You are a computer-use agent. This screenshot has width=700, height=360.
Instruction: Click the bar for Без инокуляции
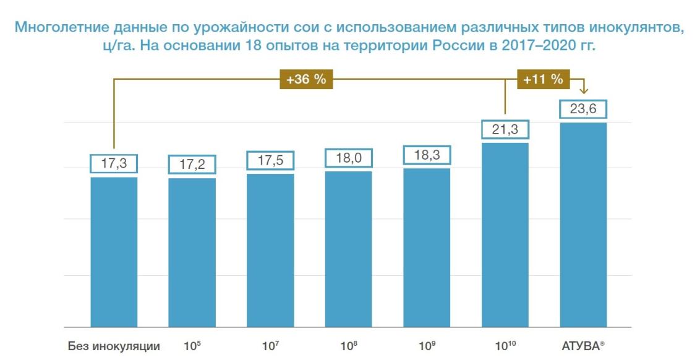click(x=114, y=252)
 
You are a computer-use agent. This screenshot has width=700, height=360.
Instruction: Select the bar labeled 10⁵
click(x=192, y=252)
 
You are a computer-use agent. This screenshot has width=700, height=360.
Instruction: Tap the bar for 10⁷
click(x=270, y=251)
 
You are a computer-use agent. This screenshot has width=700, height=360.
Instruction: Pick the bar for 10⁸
click(x=348, y=249)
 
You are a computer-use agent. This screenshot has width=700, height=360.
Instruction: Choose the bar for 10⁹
click(x=427, y=247)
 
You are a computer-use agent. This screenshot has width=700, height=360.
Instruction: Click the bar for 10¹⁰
click(x=505, y=235)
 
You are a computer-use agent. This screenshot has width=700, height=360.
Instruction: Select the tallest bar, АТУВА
click(x=583, y=225)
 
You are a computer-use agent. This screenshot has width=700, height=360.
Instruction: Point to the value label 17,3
click(x=114, y=163)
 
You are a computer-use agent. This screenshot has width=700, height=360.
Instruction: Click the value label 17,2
click(x=192, y=165)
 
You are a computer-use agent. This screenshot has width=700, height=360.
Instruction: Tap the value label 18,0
click(x=348, y=158)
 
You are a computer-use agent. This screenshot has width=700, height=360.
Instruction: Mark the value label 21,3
click(x=505, y=129)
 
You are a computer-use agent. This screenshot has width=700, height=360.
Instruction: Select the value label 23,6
click(x=583, y=109)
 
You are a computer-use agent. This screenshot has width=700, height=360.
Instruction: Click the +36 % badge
click(x=307, y=79)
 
